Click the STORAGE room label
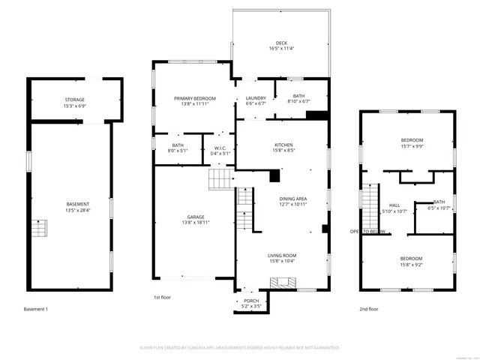(74, 100)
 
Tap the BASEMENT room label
(78, 205)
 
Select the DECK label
(281, 43)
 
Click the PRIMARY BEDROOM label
(195, 98)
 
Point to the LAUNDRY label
(256, 98)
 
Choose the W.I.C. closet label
(220, 148)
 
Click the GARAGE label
(196, 217)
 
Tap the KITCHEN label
(283, 145)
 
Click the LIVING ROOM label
(283, 256)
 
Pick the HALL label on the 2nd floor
(394, 205)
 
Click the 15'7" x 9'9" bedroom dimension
(412, 146)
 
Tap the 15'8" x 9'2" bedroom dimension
(412, 263)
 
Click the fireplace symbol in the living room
(283, 283)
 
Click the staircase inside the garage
(221, 178)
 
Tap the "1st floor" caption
(163, 298)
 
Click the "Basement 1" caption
(35, 309)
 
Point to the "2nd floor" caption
(368, 309)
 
